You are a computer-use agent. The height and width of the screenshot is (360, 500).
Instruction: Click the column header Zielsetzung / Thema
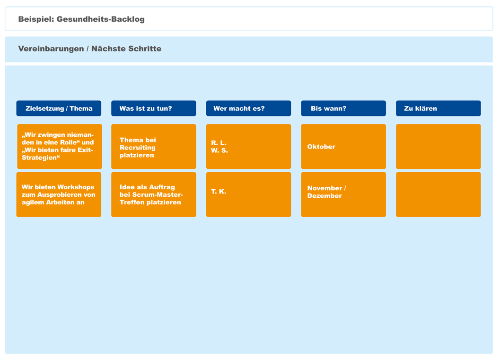(59, 108)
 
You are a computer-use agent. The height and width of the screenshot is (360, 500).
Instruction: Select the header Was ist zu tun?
(154, 108)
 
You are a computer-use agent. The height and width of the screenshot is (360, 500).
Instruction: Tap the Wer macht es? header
(248, 108)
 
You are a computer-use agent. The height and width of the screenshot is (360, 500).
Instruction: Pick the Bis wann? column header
(343, 108)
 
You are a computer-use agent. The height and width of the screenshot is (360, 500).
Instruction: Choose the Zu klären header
(439, 108)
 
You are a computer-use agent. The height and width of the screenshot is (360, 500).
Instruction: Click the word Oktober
(321, 147)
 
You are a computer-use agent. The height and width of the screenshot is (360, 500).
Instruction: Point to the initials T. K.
(219, 191)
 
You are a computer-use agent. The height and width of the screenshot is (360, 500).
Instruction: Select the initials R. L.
(219, 143)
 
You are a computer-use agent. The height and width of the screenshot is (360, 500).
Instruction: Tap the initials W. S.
(219, 150)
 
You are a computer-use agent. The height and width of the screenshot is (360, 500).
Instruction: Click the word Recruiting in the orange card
(138, 148)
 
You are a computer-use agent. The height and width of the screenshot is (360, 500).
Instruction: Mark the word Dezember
(325, 196)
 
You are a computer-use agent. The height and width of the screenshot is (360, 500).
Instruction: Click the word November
(325, 188)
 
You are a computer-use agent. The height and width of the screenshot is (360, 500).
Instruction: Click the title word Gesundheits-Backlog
(100, 19)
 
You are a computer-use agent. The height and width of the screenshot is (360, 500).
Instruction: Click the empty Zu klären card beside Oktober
(439, 146)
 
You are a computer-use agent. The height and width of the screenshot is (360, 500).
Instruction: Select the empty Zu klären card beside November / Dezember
(439, 194)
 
